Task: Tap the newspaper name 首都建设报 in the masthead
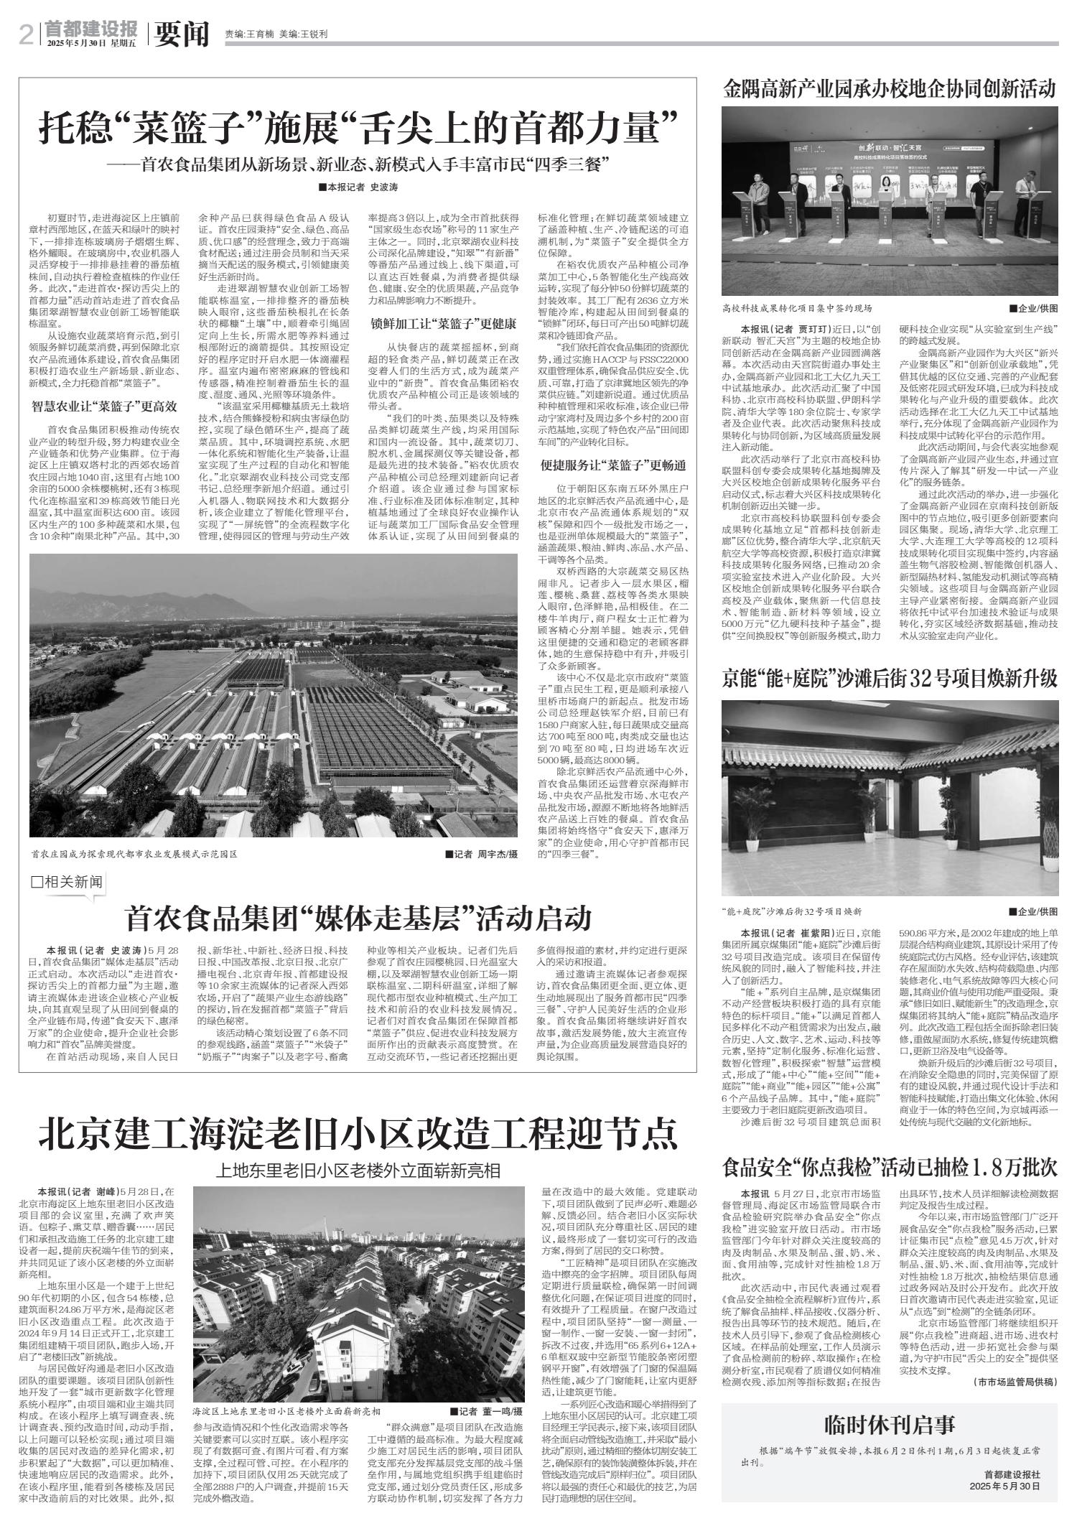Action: pyautogui.click(x=90, y=29)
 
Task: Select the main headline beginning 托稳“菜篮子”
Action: pyautogui.click(x=358, y=129)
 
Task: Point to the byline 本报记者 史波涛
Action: pyautogui.click(x=357, y=187)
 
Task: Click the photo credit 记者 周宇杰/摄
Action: pyautogui.click(x=480, y=855)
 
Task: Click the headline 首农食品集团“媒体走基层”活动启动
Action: pyautogui.click(x=358, y=917)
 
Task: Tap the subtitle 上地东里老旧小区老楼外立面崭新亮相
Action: pyautogui.click(x=358, y=1171)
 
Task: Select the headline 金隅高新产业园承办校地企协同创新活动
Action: pyautogui.click(x=890, y=90)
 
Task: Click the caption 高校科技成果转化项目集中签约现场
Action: pyautogui.click(x=798, y=309)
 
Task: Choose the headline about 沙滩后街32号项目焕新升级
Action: pyautogui.click(x=890, y=678)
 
